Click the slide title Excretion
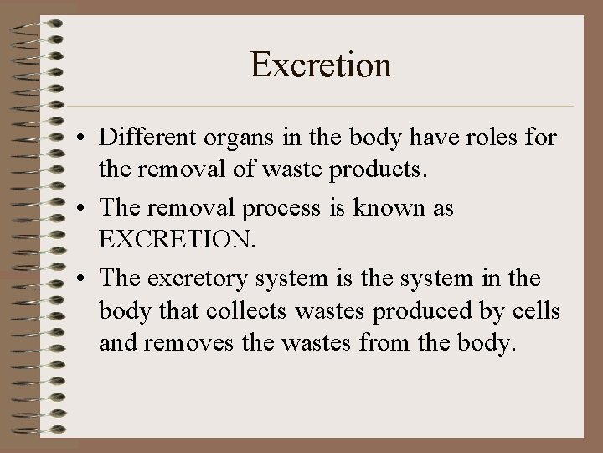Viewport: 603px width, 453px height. coord(321,65)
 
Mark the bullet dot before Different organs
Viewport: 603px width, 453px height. coord(85,138)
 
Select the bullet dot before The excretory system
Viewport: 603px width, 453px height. coord(85,277)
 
